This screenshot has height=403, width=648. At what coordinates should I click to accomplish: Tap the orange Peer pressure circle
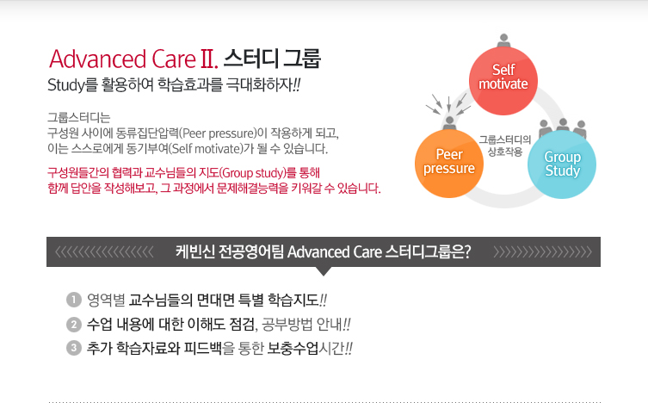(449, 160)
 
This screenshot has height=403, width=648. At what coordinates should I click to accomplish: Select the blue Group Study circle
(562, 164)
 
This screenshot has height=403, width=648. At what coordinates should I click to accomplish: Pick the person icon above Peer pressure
(449, 117)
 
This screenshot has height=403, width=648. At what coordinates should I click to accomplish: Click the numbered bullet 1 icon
(72, 301)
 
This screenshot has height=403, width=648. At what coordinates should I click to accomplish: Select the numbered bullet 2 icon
(72, 325)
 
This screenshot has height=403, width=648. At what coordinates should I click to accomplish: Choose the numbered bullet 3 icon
(72, 349)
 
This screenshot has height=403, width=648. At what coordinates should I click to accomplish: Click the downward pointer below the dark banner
(324, 271)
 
